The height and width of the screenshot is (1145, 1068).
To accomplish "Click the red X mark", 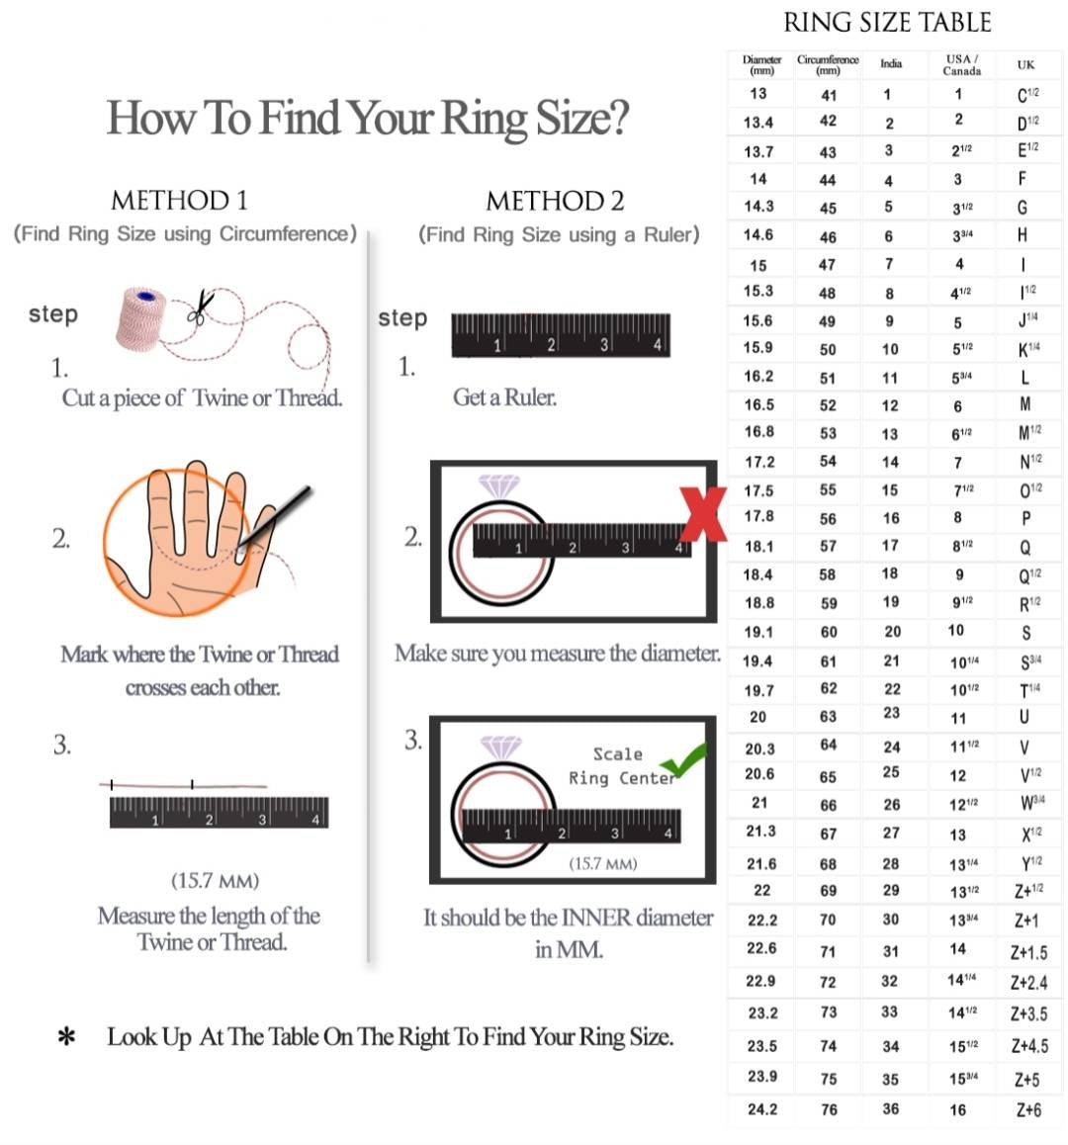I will pyautogui.click(x=703, y=514).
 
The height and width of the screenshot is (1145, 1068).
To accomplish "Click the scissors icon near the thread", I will pyautogui.click(x=202, y=308).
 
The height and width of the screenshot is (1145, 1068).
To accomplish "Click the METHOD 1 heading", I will pyautogui.click(x=179, y=201).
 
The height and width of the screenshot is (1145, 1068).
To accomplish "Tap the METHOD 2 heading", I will pyautogui.click(x=555, y=201).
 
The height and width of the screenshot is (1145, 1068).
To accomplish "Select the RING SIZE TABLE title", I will pyautogui.click(x=886, y=23).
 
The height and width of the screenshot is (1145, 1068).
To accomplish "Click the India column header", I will pyautogui.click(x=891, y=63).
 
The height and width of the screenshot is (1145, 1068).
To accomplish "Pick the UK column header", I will pyautogui.click(x=1025, y=64).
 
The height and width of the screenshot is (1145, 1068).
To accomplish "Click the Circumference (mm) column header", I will pyautogui.click(x=828, y=64).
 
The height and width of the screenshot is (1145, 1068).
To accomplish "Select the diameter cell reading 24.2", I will pyautogui.click(x=761, y=1109).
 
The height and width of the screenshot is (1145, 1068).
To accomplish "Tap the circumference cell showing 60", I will pyautogui.click(x=829, y=632).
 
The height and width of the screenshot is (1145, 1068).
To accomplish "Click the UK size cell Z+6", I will pyautogui.click(x=1028, y=1110).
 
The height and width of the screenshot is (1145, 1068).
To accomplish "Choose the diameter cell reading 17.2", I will pyautogui.click(x=759, y=462).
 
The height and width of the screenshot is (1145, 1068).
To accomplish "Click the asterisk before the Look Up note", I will pyautogui.click(x=66, y=1037).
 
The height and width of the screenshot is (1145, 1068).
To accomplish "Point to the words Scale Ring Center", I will pyautogui.click(x=621, y=766).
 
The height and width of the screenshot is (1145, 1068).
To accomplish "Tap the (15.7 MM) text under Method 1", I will pyautogui.click(x=215, y=880).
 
